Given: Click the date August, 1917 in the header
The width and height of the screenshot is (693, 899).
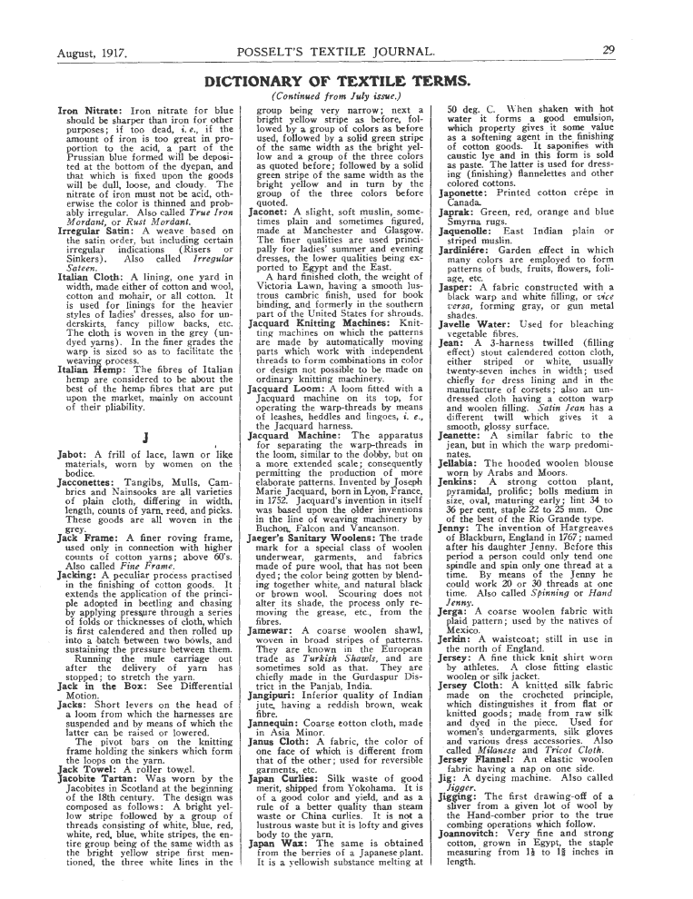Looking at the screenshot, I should click(x=92, y=54).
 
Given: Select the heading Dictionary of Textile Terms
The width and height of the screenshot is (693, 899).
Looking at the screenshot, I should click(x=346, y=80).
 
